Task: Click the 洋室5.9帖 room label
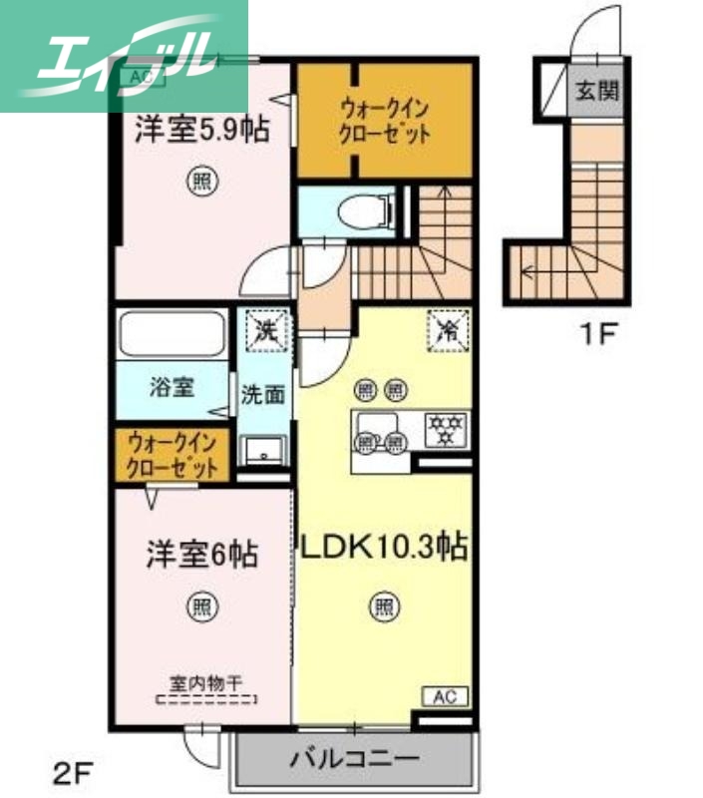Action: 202,131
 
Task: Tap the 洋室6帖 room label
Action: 202,554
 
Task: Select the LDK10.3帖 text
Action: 384,548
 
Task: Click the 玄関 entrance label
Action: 596,92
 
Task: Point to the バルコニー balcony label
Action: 354,759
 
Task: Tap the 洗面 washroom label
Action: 262,394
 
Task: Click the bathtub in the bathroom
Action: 172,336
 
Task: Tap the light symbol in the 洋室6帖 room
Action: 202,605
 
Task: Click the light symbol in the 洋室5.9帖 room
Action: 201,182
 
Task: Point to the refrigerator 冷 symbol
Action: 446,328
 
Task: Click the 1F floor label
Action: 599,335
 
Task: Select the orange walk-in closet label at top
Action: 385,120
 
